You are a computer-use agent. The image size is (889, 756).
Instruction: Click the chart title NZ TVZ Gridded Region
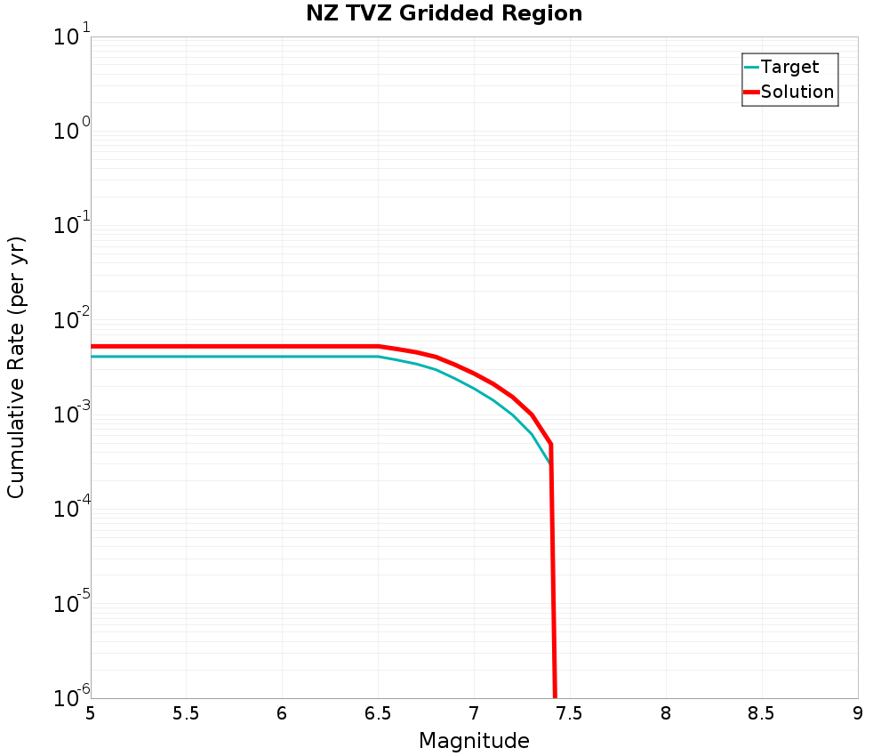coord(444,13)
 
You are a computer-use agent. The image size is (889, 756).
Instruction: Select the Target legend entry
coord(789,67)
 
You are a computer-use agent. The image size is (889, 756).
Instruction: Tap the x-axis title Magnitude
coord(474,741)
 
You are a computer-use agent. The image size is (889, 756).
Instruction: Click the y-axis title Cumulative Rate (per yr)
coord(16,367)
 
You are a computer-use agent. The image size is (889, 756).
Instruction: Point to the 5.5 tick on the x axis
coord(187,713)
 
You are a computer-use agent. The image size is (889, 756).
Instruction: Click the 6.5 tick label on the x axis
coord(379,713)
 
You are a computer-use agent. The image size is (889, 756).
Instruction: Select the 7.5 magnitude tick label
coord(570,713)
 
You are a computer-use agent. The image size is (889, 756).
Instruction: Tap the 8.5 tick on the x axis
coord(762,713)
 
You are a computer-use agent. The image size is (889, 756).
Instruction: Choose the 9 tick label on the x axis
coord(858,713)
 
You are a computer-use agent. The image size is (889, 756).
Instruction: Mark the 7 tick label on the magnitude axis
coord(474,713)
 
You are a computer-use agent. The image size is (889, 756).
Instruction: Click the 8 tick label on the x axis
coord(666,713)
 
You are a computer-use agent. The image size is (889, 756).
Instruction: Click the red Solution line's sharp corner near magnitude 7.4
coord(551,443)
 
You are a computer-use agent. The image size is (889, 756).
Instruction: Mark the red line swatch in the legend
coord(751,92)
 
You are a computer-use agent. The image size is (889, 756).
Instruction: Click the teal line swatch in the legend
coord(751,67)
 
